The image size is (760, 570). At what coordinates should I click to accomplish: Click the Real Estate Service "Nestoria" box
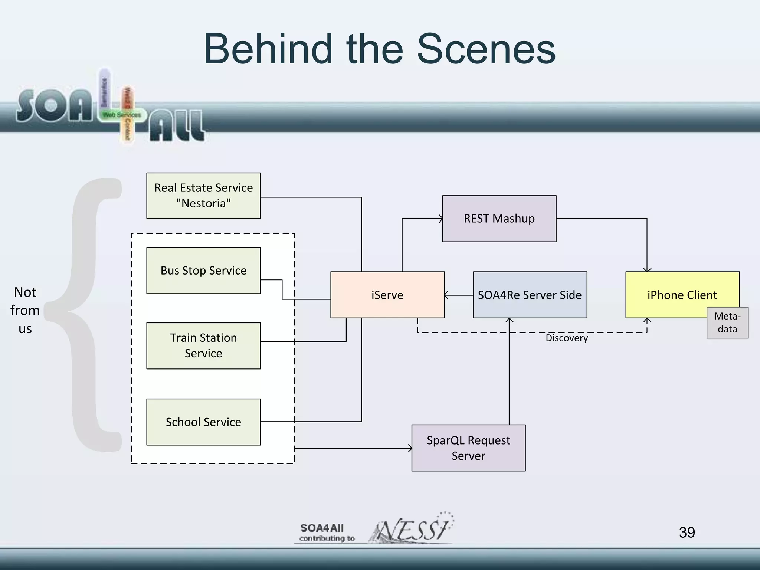203,196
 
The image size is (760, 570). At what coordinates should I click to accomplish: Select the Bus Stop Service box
203,271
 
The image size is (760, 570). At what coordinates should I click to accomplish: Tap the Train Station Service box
203,345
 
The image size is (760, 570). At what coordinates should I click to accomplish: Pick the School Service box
203,422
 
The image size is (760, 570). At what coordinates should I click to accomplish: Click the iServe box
387,295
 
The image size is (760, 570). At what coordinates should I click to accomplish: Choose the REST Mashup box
499,219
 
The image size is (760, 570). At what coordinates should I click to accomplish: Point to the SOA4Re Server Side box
530,295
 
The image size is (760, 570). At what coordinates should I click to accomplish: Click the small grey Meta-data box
727,323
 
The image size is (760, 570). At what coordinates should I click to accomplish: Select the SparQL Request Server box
468,448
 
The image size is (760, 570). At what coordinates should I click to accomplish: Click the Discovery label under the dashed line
567,338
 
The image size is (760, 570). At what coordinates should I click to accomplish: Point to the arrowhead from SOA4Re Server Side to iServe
446,295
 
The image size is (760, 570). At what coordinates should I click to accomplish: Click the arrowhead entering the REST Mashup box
441,219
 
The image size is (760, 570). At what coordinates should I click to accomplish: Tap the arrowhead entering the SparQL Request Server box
410,448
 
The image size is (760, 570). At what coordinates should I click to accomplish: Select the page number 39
687,533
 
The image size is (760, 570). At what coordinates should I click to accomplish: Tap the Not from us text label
25,310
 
